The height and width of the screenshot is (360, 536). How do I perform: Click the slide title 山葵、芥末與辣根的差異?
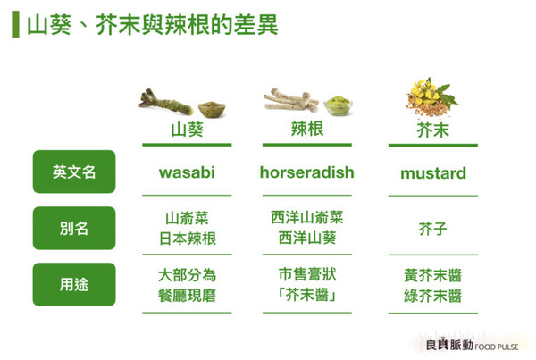point(152,24)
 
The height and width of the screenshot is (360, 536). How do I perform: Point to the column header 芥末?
point(432,131)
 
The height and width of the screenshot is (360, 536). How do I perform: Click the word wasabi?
point(187,172)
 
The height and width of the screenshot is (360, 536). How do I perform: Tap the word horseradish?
point(306,172)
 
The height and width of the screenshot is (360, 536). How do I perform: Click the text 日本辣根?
point(187,239)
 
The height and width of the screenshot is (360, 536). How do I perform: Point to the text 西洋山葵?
point(306,239)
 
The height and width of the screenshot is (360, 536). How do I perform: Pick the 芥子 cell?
point(432,230)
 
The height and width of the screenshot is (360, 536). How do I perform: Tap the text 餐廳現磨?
point(187,296)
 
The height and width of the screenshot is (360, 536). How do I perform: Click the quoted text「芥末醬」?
point(306,296)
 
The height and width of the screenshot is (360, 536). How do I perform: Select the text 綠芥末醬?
point(432,296)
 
